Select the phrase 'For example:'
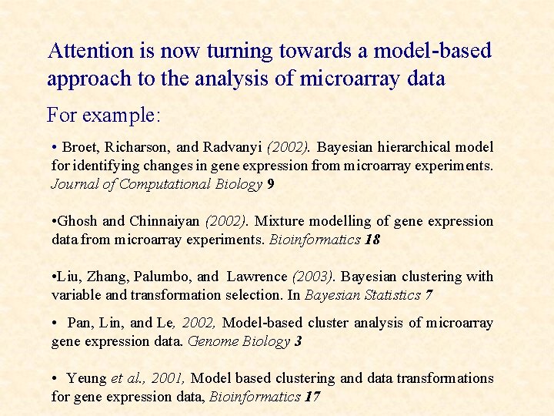(103, 116)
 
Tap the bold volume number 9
(270, 183)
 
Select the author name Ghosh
(76, 221)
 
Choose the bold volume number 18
(372, 240)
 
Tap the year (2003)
(313, 277)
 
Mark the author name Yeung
(86, 378)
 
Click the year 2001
(169, 378)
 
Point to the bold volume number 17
(312, 397)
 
